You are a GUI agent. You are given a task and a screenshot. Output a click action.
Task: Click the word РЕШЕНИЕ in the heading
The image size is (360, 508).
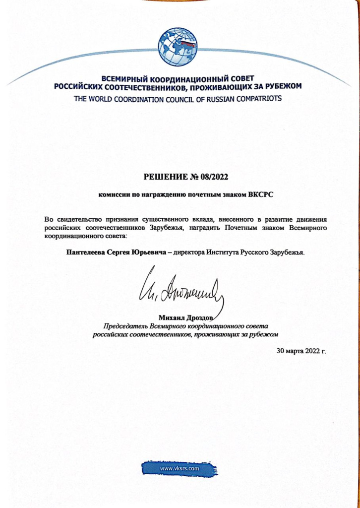point(164,176)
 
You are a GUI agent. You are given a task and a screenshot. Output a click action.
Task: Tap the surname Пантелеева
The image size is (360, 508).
point(86,252)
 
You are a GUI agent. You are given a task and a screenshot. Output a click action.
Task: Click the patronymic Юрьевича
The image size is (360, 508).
point(147,252)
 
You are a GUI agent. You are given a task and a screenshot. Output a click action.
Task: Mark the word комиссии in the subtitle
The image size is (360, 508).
point(113,195)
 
